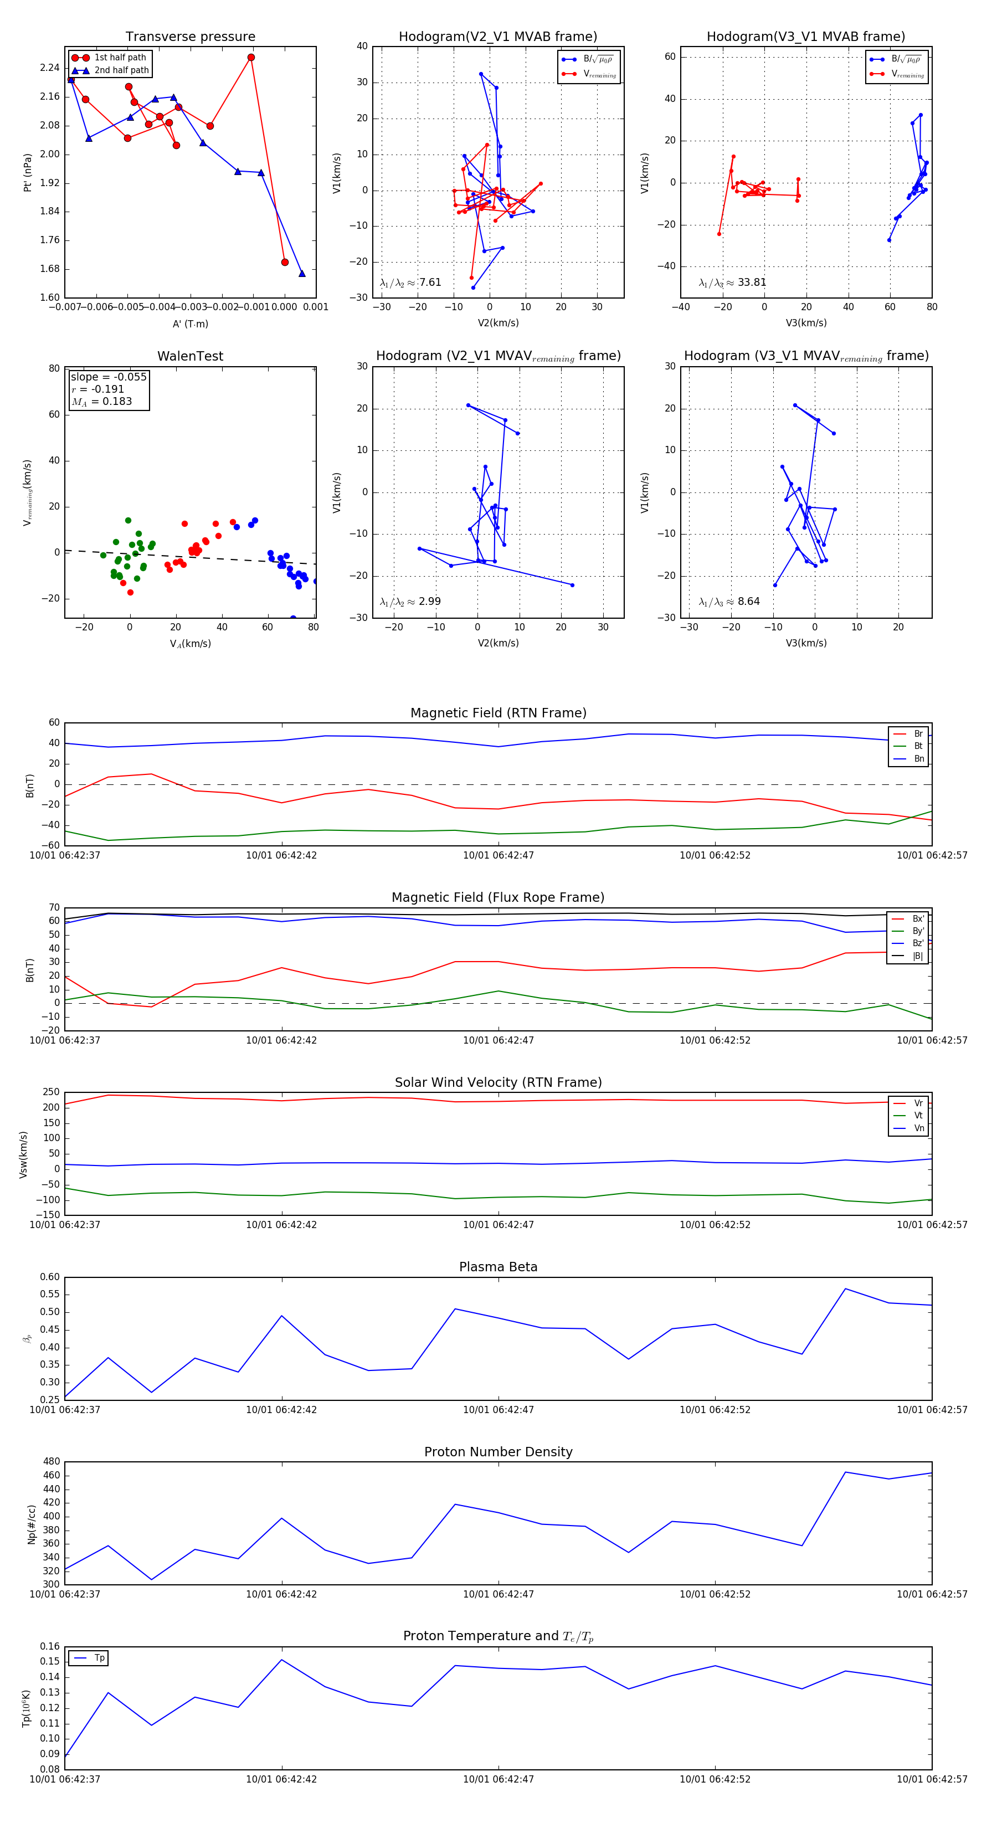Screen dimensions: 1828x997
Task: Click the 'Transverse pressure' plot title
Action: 190,37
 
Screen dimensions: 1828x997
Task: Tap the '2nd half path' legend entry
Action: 121,70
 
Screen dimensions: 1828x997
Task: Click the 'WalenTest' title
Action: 190,356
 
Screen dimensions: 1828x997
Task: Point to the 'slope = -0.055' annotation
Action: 109,377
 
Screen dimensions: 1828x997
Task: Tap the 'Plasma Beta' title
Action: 498,1267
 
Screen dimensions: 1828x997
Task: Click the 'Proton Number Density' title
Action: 498,1452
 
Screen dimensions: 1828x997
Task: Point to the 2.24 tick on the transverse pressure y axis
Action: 50,68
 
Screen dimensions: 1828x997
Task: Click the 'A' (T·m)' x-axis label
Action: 190,324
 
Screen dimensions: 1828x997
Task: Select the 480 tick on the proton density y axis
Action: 51,1462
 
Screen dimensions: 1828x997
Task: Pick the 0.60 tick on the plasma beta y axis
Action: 50,1277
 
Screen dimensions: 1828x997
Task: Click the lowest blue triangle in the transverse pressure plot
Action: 301,273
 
